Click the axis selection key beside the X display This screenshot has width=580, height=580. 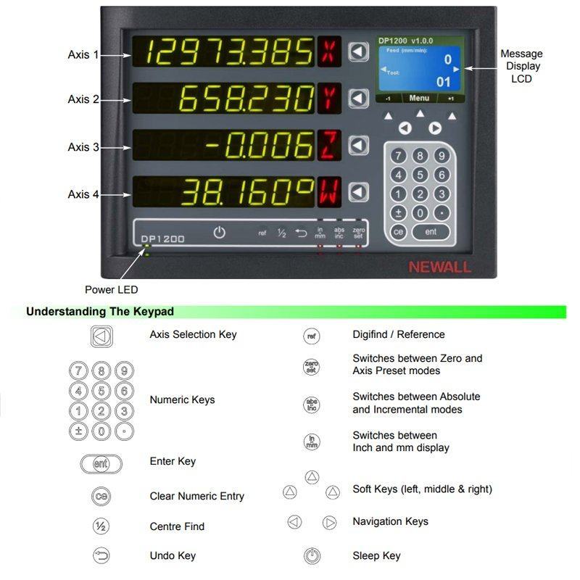[358, 51]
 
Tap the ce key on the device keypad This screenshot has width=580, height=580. [398, 232]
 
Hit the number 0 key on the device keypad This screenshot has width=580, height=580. [420, 213]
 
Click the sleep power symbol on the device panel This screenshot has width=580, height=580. [220, 233]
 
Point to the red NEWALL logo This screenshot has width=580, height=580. [439, 267]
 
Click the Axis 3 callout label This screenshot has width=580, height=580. [83, 147]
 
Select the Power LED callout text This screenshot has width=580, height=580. [111, 290]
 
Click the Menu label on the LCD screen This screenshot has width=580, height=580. [419, 98]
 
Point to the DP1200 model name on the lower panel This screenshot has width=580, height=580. [162, 239]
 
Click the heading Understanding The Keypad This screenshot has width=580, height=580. [100, 312]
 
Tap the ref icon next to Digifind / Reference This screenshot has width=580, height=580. [311, 336]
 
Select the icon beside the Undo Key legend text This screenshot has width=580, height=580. [101, 556]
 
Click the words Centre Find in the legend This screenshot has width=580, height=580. [177, 526]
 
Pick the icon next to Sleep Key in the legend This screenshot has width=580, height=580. [312, 556]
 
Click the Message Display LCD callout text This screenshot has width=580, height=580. [521, 66]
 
